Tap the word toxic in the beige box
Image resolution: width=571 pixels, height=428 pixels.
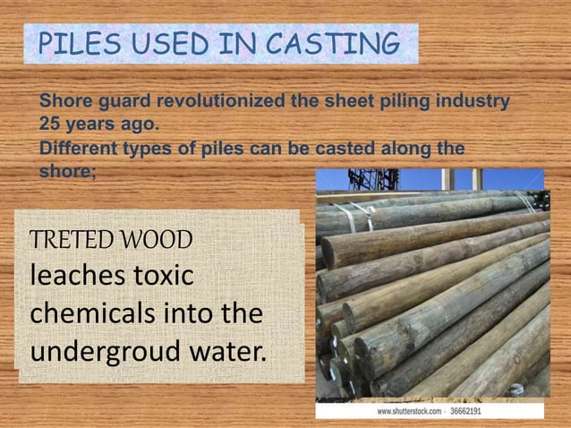pyautogui.click(x=162, y=277)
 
